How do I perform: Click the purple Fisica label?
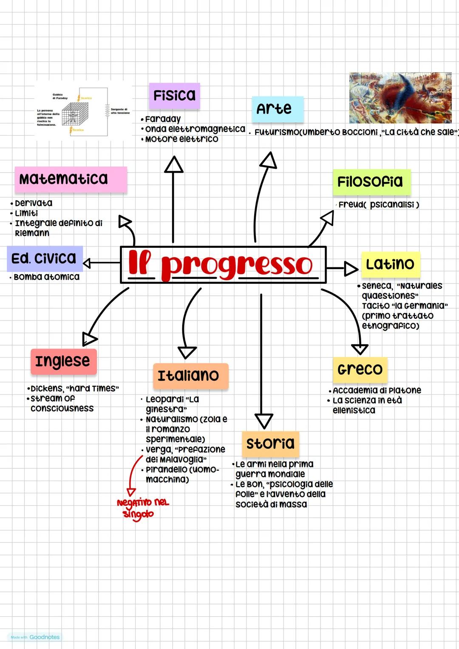point(174,95)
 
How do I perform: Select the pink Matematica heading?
point(71,179)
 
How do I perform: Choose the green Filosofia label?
point(371,182)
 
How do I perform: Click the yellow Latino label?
point(390,264)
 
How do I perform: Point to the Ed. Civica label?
point(45,258)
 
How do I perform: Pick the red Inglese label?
point(63,361)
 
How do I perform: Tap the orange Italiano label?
point(190,376)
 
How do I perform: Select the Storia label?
point(270,443)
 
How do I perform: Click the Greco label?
point(360,369)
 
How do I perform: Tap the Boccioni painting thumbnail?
point(400,98)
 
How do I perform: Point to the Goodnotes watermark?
point(36,637)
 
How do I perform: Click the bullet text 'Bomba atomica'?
point(46,277)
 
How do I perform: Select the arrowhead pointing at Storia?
point(263,420)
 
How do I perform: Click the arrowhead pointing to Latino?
point(351,269)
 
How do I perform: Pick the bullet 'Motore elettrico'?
point(181,139)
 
